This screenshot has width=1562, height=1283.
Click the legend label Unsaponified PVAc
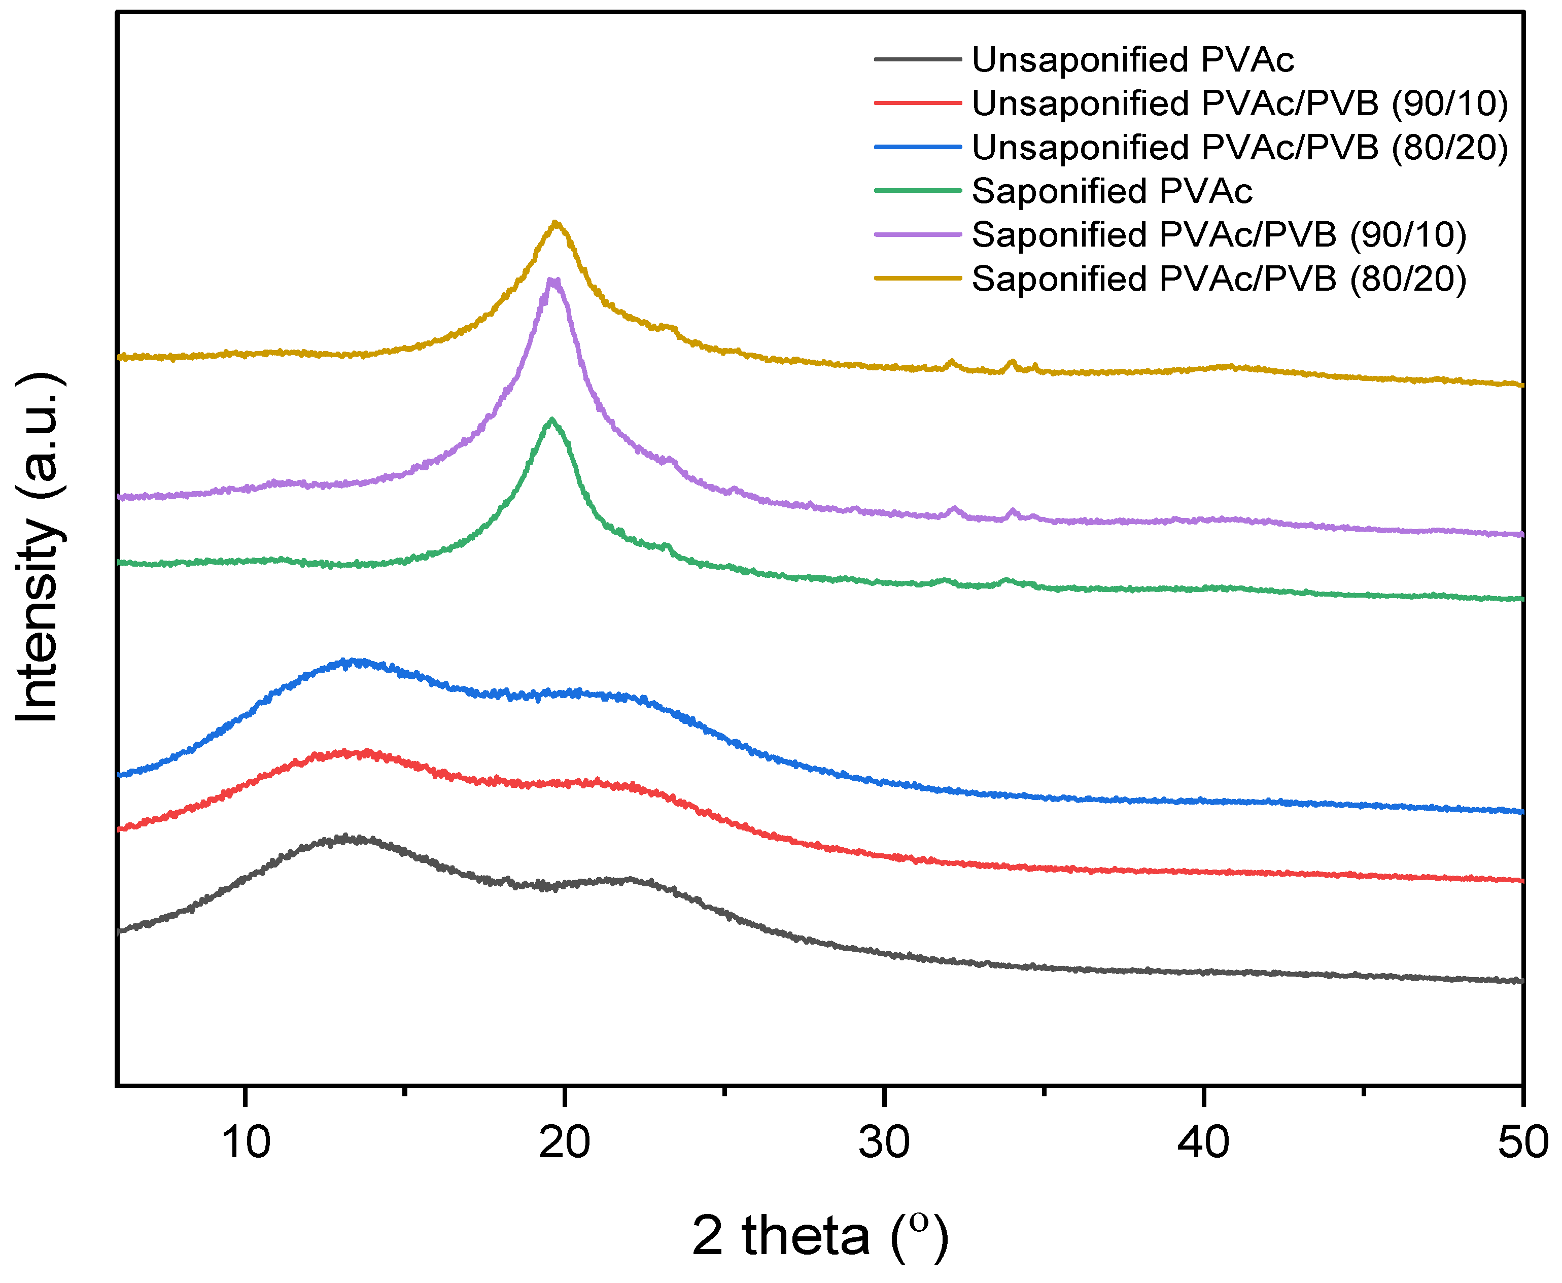1132,60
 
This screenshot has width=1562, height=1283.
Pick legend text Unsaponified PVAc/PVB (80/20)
1239,148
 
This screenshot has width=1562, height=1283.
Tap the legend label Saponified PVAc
1112,191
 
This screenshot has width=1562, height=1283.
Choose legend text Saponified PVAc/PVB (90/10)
1219,235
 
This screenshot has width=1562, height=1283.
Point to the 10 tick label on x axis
246,1142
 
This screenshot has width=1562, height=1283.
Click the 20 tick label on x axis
565,1142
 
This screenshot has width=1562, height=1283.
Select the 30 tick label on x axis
884,1142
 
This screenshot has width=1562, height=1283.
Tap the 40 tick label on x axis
1203,1142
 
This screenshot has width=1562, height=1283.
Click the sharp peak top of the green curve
551,420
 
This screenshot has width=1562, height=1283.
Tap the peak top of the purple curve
552,280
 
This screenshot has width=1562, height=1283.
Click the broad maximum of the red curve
348,753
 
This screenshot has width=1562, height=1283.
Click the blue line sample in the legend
918,147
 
